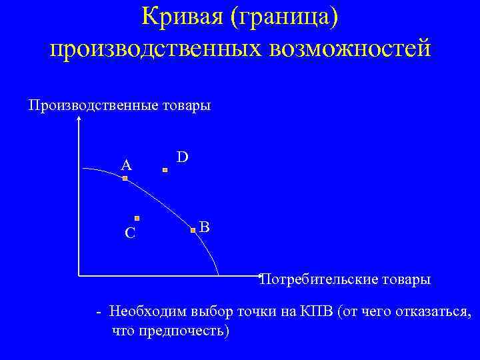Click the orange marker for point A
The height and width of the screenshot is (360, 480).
click(x=125, y=179)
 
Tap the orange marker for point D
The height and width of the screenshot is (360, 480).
click(x=166, y=171)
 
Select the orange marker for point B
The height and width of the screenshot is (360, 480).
click(x=193, y=230)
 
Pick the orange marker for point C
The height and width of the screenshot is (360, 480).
click(x=137, y=217)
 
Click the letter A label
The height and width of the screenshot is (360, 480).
click(x=126, y=165)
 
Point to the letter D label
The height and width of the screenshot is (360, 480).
click(x=182, y=157)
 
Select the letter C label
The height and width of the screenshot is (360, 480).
click(x=130, y=233)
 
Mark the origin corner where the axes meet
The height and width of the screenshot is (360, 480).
click(x=79, y=275)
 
